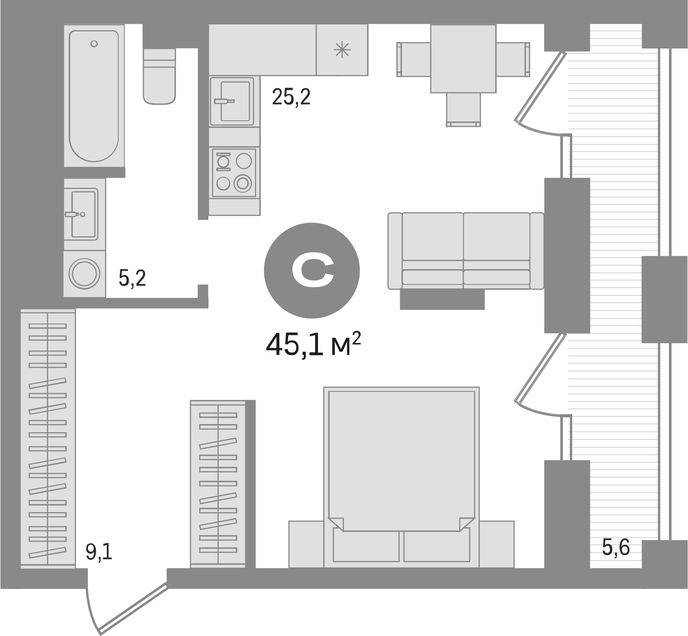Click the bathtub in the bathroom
pyautogui.click(x=94, y=96)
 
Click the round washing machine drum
pyautogui.click(x=84, y=274)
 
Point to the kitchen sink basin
pyautogui.click(x=231, y=101)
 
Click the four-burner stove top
pyautogui.click(x=234, y=172)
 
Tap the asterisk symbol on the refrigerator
pyautogui.click(x=342, y=50)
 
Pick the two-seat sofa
pyautogui.click(x=466, y=250)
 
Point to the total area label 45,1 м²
pyautogui.click(x=313, y=344)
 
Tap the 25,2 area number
pyautogui.click(x=291, y=97)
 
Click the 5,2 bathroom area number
pyautogui.click(x=132, y=278)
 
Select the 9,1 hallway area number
pyautogui.click(x=99, y=553)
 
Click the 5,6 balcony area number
pyautogui.click(x=615, y=547)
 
